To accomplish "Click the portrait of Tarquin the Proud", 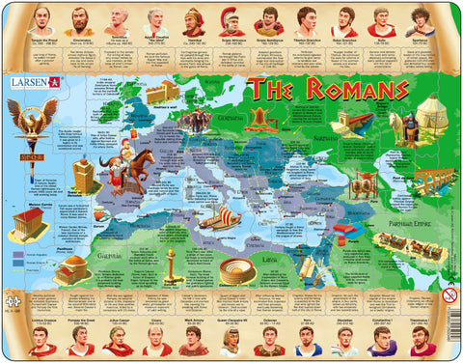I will click(41, 19).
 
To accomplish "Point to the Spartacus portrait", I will click(421, 19).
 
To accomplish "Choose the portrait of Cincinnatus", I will click(80, 19).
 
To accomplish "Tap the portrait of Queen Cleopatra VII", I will click(232, 341).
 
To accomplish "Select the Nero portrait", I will click(306, 341).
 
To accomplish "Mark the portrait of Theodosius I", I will click(421, 341).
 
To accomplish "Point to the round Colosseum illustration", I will click(236, 269).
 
